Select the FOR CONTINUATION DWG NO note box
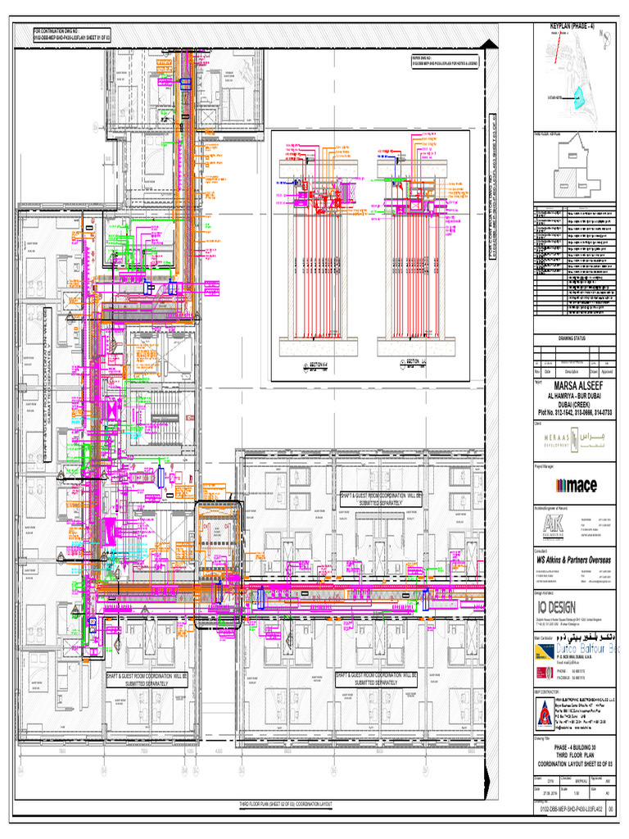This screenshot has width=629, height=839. click(x=70, y=35)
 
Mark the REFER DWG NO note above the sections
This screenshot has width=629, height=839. click(x=444, y=61)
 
